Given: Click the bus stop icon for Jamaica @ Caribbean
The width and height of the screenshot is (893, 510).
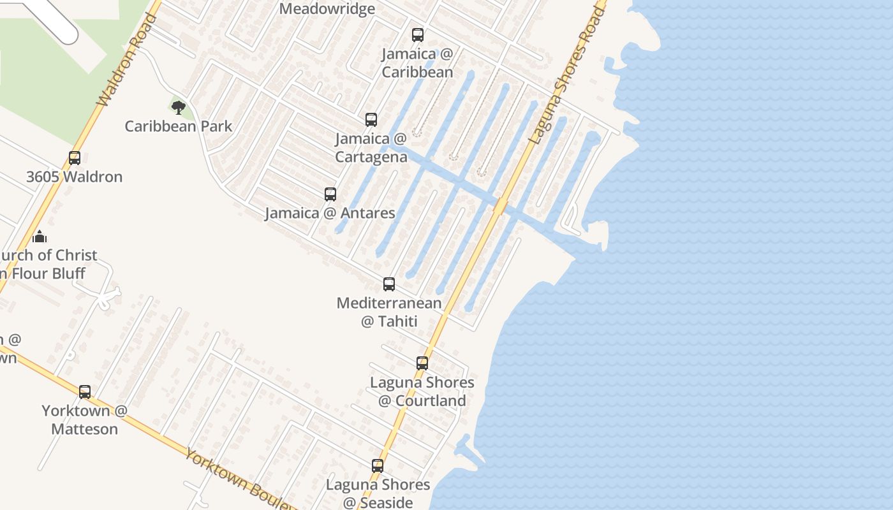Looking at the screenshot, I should coord(418,35).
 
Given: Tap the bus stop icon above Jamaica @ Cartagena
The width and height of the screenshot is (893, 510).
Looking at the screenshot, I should coord(371,120).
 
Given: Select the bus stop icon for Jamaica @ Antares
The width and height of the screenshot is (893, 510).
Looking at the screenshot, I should coord(330,194).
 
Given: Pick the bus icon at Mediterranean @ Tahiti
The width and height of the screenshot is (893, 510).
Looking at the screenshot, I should coord(389,284).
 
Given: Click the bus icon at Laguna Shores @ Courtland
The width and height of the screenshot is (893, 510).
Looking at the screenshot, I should coord(422,363).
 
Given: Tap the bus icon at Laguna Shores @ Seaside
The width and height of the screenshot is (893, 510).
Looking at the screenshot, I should coord(378,466).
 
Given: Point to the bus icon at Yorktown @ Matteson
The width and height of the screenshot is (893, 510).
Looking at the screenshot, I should coord(85,392).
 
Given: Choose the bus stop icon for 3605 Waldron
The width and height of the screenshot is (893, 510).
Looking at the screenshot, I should coord(75,158).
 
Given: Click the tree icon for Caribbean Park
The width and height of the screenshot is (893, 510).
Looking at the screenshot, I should coord(179,106).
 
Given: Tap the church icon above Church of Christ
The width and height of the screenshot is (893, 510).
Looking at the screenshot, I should coord(40,237).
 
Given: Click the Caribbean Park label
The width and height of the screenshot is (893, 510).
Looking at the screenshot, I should coord(179,126).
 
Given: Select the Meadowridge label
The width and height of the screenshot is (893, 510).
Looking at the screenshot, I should coord(327,9).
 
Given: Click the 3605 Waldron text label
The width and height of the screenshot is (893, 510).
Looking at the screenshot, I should coord(75,177).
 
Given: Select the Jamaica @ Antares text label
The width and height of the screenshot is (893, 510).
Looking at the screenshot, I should coord(330,213).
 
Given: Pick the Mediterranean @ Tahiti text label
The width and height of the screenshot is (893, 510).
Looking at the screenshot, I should coord(389,312).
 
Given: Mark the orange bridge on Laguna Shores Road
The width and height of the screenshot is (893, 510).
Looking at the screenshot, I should coord(501,206).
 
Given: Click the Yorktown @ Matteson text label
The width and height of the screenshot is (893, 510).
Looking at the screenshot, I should coord(85,419).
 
